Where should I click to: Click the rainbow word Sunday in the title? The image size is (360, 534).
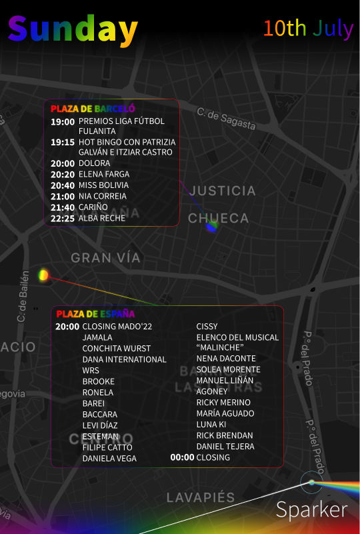pyautogui.click(x=73, y=29)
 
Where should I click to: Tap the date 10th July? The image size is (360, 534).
pyautogui.click(x=307, y=28)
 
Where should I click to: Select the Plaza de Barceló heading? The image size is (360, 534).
pyautogui.click(x=93, y=108)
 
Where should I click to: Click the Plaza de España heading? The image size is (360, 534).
pyautogui.click(x=95, y=313)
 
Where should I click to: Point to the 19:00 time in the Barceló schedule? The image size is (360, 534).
pyautogui.click(x=63, y=121)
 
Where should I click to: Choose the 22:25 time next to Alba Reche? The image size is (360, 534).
pyautogui.click(x=63, y=218)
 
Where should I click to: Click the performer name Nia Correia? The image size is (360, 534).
pyautogui.click(x=102, y=196)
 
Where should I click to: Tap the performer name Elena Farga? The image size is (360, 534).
pyautogui.click(x=104, y=174)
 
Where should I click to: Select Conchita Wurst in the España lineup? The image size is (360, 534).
pyautogui.click(x=117, y=348)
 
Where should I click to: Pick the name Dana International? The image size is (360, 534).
pyautogui.click(x=124, y=359)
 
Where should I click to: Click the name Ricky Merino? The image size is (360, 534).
pyautogui.click(x=223, y=403)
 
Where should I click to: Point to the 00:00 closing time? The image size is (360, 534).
pyautogui.click(x=182, y=457)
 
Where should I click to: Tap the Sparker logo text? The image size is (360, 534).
pyautogui.click(x=311, y=510)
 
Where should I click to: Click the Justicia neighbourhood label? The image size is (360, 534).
pyautogui.click(x=222, y=191)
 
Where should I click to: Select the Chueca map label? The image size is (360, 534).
pyautogui.click(x=218, y=218)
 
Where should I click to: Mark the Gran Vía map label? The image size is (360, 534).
pyautogui.click(x=105, y=257)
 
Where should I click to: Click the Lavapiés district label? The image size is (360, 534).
pyautogui.click(x=201, y=497)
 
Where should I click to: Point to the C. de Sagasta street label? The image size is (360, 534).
pyautogui.click(x=226, y=119)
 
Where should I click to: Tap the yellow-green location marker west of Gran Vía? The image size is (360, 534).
pyautogui.click(x=43, y=275)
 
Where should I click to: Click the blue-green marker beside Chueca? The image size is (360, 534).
pyautogui.click(x=211, y=227)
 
